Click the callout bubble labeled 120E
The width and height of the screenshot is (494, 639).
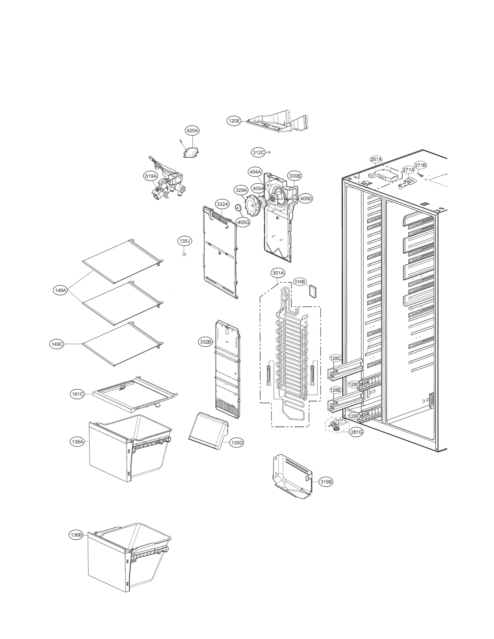tap(234, 121)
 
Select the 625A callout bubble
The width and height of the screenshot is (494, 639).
tap(192, 131)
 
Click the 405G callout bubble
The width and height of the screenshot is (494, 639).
tap(243, 222)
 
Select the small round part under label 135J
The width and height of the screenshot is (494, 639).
tap(184, 254)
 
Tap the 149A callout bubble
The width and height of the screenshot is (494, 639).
tap(60, 290)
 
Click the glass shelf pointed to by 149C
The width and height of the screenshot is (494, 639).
tap(123, 344)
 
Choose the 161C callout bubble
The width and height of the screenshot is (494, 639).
tap(77, 394)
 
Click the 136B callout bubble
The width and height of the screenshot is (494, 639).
tap(76, 535)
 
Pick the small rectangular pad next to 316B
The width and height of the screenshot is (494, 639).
tap(313, 291)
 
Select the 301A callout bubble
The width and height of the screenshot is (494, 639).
tap(278, 273)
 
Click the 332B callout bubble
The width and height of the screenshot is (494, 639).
tap(205, 342)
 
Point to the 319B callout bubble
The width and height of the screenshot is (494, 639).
tap(326, 482)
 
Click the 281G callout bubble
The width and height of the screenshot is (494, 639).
tap(356, 432)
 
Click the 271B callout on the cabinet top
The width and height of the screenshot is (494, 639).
tap(420, 165)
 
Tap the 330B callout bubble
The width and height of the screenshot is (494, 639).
tap(295, 176)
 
